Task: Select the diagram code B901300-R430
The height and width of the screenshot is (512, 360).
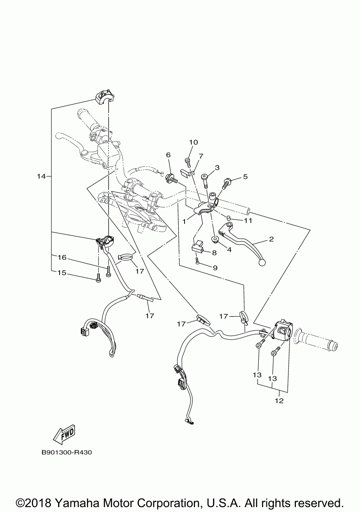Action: click(x=67, y=452)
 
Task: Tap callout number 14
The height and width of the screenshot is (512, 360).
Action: click(x=41, y=176)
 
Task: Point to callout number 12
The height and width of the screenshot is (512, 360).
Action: click(x=279, y=401)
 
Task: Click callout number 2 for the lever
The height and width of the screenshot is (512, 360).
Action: click(x=271, y=238)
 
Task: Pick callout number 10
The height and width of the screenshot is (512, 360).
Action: click(x=193, y=142)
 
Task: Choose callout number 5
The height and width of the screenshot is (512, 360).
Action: click(x=245, y=177)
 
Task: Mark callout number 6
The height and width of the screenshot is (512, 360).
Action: click(x=168, y=155)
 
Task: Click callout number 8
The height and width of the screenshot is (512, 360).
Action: click(x=214, y=253)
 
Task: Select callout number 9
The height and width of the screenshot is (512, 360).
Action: click(x=215, y=268)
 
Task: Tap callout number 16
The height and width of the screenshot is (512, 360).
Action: click(x=62, y=257)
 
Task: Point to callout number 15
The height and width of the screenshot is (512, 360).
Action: click(x=62, y=273)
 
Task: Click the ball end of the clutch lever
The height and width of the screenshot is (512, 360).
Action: click(x=262, y=262)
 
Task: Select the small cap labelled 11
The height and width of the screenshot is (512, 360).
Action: click(x=228, y=218)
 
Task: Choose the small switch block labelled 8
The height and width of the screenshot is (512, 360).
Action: click(x=198, y=246)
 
